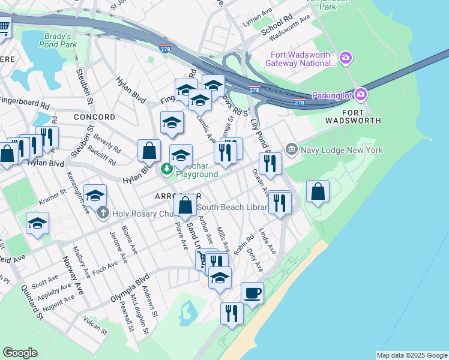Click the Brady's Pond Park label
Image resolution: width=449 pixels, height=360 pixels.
pyautogui.click(x=60, y=40)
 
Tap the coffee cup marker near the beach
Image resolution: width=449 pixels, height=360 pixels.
pyautogui.click(x=252, y=293)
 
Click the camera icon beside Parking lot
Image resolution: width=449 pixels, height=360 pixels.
pyautogui.click(x=361, y=94)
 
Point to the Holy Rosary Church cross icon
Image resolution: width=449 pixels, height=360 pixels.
pyautogui.click(x=103, y=212)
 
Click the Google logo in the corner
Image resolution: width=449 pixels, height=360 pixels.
pyautogui.click(x=20, y=353)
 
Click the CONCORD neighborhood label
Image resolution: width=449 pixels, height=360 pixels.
pyautogui.click(x=94, y=116)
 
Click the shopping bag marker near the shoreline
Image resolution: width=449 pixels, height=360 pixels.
pyautogui.click(x=318, y=192)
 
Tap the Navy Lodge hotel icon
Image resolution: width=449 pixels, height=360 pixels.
pyautogui.click(x=291, y=148)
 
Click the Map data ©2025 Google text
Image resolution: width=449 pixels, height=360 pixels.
pyautogui.click(x=412, y=355)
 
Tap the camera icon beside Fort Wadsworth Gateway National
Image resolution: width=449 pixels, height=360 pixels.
pyautogui.click(x=345, y=58)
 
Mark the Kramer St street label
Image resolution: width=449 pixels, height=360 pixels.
pyautogui.click(x=53, y=197)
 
